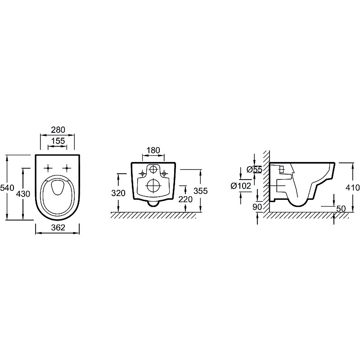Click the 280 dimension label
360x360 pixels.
(x=58, y=130)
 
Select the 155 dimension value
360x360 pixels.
(x=58, y=141)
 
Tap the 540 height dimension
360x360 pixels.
(x=7, y=188)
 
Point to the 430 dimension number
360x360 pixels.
(x=23, y=194)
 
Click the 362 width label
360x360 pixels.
(x=58, y=228)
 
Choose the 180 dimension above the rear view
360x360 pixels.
(x=153, y=150)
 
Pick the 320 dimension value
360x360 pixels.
(x=118, y=193)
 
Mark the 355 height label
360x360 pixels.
(x=200, y=191)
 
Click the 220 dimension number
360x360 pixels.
(x=185, y=199)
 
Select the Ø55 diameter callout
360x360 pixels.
(x=254, y=170)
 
